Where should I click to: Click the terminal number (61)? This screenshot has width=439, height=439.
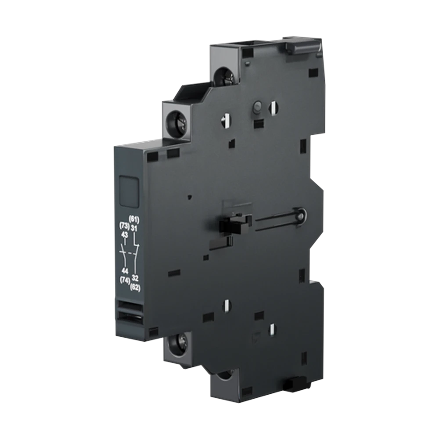(134, 219)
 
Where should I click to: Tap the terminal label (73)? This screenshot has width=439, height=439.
(124, 226)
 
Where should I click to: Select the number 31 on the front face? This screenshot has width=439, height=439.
(134, 228)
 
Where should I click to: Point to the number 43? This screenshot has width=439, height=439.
(125, 234)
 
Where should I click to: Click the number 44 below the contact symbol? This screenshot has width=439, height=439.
(125, 271)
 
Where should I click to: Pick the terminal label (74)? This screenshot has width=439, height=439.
(125, 280)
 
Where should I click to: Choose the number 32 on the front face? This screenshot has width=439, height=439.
(135, 278)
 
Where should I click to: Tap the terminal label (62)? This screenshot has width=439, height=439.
(135, 287)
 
